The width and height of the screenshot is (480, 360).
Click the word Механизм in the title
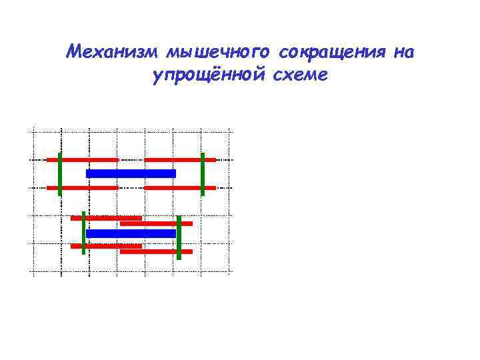113,52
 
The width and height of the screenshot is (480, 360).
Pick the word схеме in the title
301,75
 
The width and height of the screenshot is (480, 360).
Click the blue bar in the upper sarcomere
131,173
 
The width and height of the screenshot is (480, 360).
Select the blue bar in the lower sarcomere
131,233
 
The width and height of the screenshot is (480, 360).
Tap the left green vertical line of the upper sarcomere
60,174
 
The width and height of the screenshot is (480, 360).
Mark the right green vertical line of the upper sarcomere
203,174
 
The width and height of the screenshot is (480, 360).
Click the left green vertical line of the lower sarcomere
84,233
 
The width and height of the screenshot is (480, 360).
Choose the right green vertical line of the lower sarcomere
179,237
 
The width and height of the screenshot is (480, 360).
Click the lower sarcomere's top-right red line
156,223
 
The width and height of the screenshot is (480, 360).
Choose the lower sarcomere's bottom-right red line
156,251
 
